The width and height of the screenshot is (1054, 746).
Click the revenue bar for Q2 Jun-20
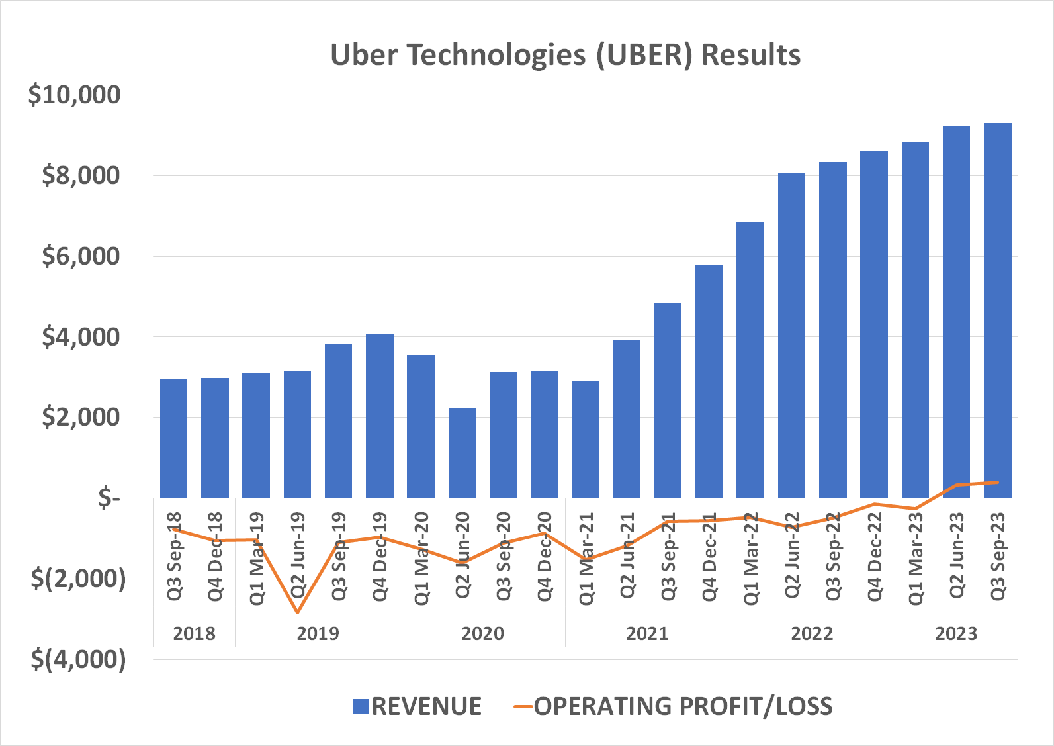(x=462, y=453)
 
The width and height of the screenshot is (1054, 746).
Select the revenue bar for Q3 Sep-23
(x=997, y=311)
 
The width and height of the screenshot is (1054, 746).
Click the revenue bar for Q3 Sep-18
(x=173, y=438)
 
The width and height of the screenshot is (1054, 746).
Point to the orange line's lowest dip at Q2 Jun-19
(x=297, y=612)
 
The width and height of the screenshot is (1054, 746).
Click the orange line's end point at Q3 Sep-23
(x=997, y=482)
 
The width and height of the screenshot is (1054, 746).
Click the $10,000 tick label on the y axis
(x=74, y=95)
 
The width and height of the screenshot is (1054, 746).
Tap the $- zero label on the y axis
(x=109, y=498)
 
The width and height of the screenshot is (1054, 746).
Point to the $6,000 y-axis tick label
(x=81, y=256)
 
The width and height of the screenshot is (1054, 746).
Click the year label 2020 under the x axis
(x=482, y=633)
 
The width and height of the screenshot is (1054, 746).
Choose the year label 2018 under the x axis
(x=194, y=633)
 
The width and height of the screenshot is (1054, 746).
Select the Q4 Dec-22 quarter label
(x=875, y=556)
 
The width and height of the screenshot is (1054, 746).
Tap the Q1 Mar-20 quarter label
(x=421, y=558)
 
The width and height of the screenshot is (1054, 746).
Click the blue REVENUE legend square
(x=361, y=706)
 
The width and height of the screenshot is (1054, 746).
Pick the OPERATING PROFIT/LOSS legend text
(x=683, y=706)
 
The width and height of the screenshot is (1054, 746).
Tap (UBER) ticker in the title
(x=644, y=54)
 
